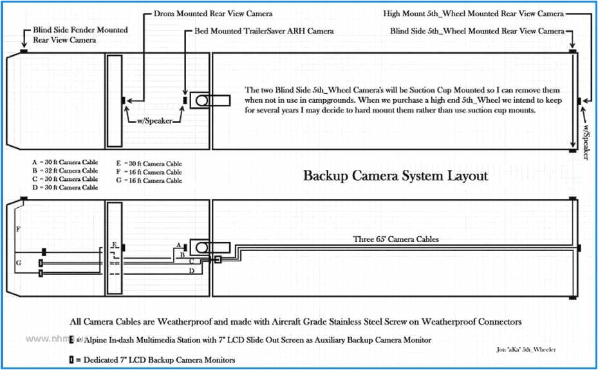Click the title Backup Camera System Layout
395,176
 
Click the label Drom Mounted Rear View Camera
204,13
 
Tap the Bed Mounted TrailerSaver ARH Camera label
263,31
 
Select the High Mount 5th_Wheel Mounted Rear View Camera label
473,13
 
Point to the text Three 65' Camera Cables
395,239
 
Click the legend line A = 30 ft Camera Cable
64,163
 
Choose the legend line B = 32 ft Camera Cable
64,171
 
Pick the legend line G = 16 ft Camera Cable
149,181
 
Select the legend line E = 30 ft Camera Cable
149,163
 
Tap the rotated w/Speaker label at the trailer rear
586,140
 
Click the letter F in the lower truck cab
19,229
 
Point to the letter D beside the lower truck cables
191,271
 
